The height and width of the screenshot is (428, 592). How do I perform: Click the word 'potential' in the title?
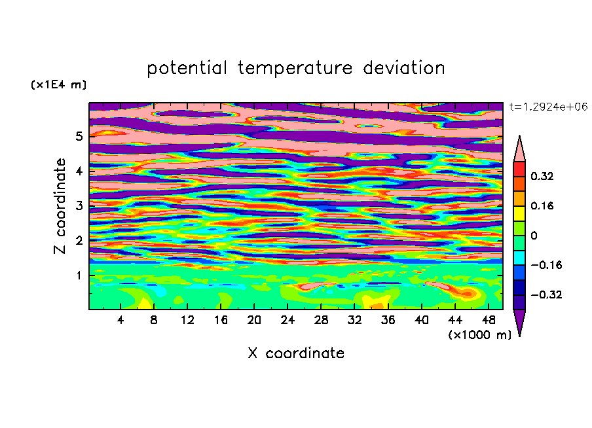(x=187, y=68)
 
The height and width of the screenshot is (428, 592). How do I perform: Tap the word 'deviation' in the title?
(x=404, y=68)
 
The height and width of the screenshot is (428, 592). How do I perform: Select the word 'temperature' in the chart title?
(x=295, y=69)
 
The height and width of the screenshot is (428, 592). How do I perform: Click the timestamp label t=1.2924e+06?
(x=548, y=107)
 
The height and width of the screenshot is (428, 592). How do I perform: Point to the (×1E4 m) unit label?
(x=58, y=84)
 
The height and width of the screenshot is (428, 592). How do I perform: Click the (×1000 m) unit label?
(x=479, y=334)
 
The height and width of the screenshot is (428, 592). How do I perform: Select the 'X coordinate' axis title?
(x=296, y=353)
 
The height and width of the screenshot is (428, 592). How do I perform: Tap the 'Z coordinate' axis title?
(x=60, y=205)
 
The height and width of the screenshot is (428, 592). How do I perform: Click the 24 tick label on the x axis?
(x=287, y=320)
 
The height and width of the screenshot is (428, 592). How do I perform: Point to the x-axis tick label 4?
(x=120, y=320)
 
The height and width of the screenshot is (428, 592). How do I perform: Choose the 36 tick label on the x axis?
(x=388, y=320)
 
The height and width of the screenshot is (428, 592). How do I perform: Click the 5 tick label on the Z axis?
(x=79, y=136)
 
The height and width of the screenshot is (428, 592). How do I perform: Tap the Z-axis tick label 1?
(x=79, y=276)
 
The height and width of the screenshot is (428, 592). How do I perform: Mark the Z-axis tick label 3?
(x=79, y=205)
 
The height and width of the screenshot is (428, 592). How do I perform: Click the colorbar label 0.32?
(x=542, y=176)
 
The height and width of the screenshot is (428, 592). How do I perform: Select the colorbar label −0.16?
(x=546, y=265)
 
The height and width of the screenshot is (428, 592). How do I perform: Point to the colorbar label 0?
(x=534, y=236)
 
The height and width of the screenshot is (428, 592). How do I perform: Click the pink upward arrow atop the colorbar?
(x=519, y=149)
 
